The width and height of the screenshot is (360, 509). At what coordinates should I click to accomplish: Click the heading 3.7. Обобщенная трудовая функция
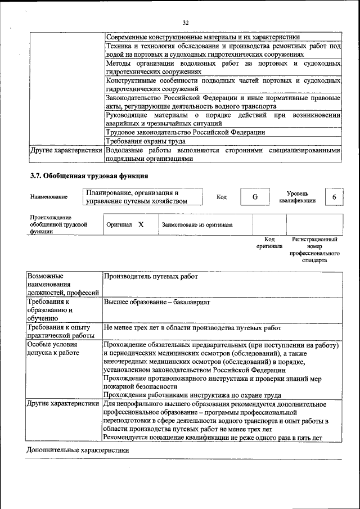(89, 175)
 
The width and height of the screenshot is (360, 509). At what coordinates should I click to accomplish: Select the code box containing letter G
(255, 197)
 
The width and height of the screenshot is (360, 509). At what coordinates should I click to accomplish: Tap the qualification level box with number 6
(334, 197)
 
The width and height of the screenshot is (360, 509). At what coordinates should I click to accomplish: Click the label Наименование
(49, 197)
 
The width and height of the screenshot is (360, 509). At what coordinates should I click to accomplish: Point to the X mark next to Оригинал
(141, 224)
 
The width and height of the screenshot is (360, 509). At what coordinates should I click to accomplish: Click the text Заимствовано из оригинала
(197, 225)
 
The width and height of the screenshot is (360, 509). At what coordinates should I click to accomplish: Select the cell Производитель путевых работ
(151, 277)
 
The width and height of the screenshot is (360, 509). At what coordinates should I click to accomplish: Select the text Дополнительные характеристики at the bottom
(78, 450)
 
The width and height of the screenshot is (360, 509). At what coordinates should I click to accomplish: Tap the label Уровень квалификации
(296, 197)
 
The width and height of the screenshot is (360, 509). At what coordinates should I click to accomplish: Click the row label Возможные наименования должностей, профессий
(63, 285)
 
